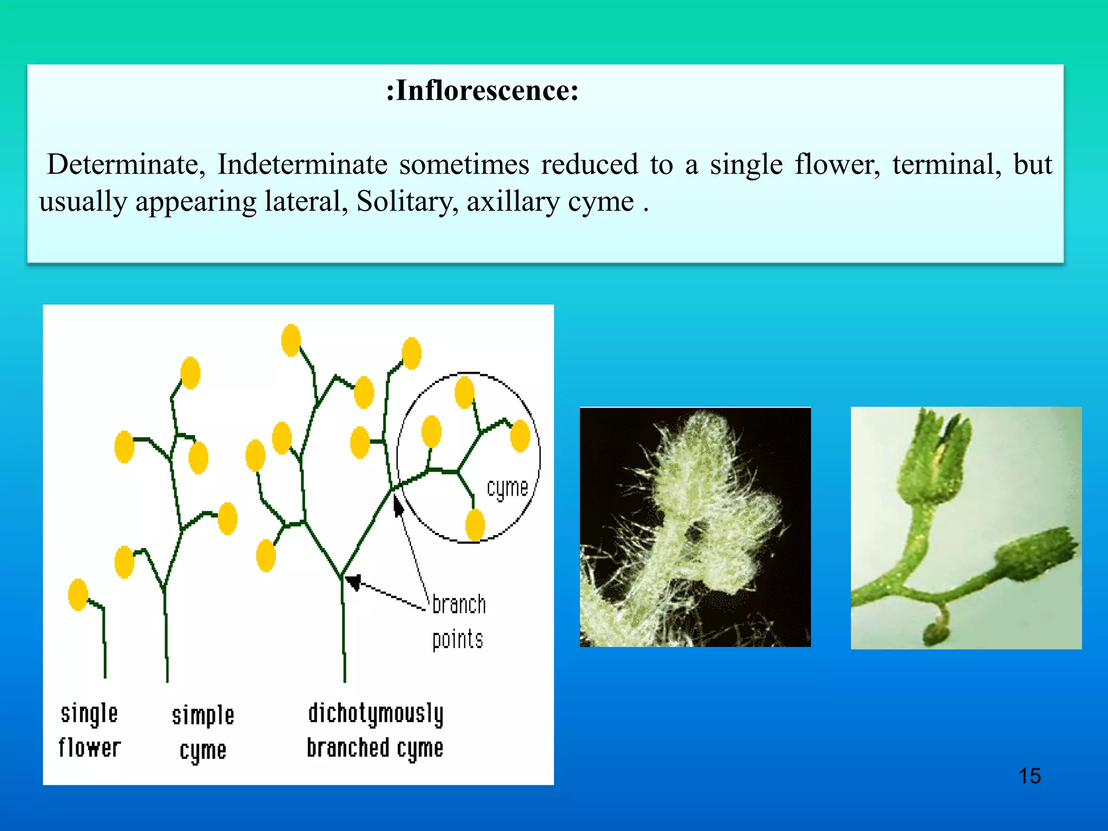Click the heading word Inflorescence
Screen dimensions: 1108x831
click(x=483, y=90)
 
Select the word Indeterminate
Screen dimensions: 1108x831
click(x=302, y=164)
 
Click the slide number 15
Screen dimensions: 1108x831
click(x=1030, y=776)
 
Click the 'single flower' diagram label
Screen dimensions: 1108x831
click(x=89, y=731)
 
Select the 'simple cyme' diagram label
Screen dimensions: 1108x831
click(x=203, y=734)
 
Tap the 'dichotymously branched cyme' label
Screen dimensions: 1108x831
click(x=375, y=731)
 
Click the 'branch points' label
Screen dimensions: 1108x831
click(x=459, y=622)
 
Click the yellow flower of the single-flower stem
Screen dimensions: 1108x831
click(x=78, y=595)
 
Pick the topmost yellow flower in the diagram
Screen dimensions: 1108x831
click(x=291, y=340)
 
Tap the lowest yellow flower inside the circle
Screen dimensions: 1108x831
click(x=475, y=524)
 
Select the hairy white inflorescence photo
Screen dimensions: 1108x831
click(x=695, y=527)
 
